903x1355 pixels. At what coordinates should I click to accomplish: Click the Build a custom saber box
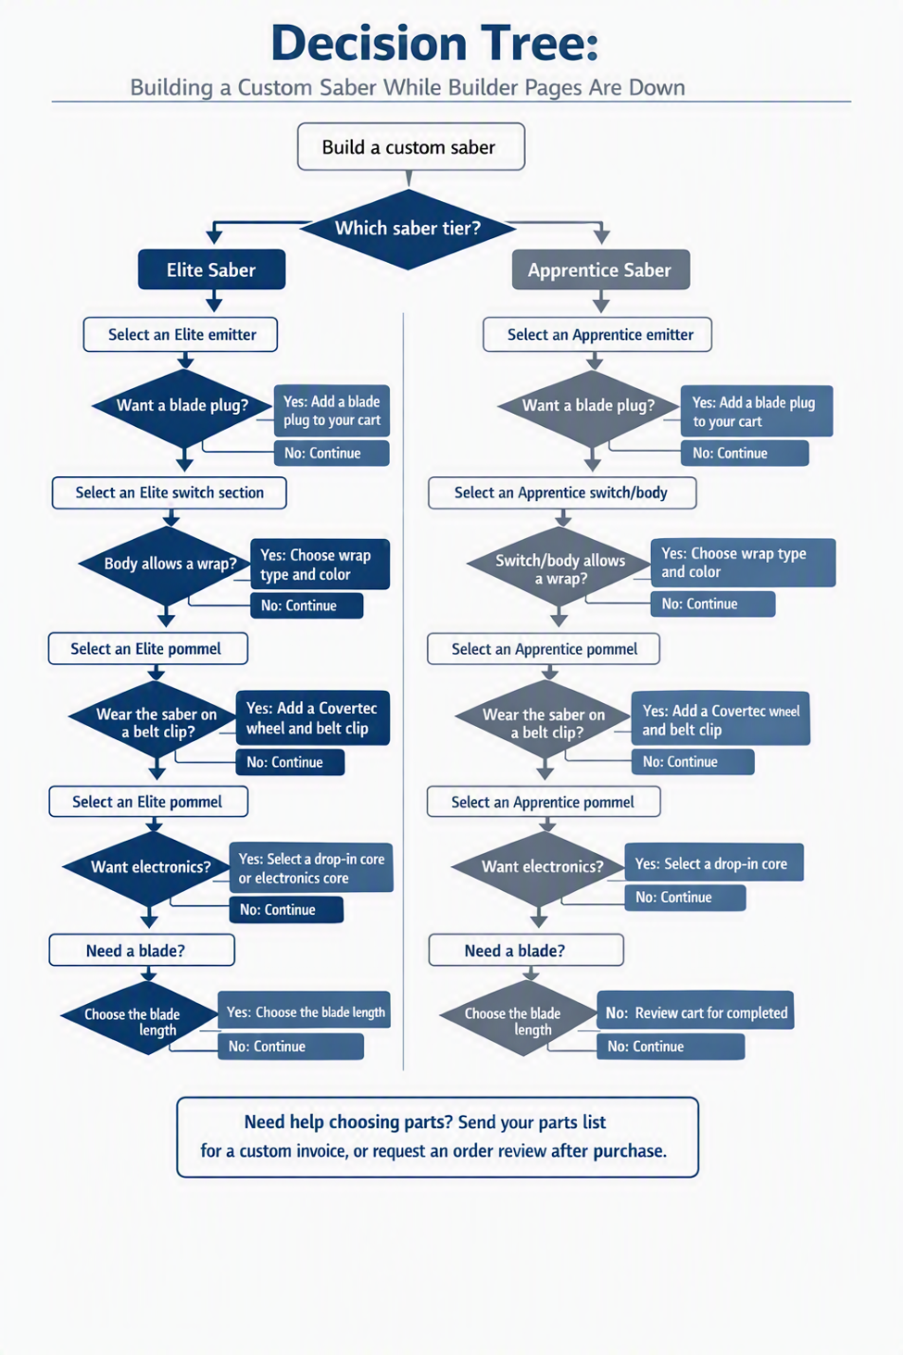(410, 146)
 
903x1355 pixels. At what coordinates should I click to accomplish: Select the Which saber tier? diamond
(408, 229)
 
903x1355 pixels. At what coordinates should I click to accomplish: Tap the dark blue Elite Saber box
(211, 270)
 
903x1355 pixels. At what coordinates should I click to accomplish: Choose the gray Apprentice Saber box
(600, 270)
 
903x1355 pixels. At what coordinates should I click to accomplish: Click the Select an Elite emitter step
(181, 334)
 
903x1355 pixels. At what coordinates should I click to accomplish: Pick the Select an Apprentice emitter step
(597, 334)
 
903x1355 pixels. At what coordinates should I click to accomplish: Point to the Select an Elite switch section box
(169, 493)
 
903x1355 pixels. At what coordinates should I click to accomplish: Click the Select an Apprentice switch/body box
(562, 493)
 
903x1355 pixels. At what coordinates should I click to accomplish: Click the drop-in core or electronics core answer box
(311, 868)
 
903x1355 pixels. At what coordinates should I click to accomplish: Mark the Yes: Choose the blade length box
(304, 1011)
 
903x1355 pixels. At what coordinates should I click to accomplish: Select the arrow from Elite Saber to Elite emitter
(214, 301)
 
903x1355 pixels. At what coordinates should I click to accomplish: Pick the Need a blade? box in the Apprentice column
(525, 949)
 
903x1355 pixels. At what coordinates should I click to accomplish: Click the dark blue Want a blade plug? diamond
(182, 408)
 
